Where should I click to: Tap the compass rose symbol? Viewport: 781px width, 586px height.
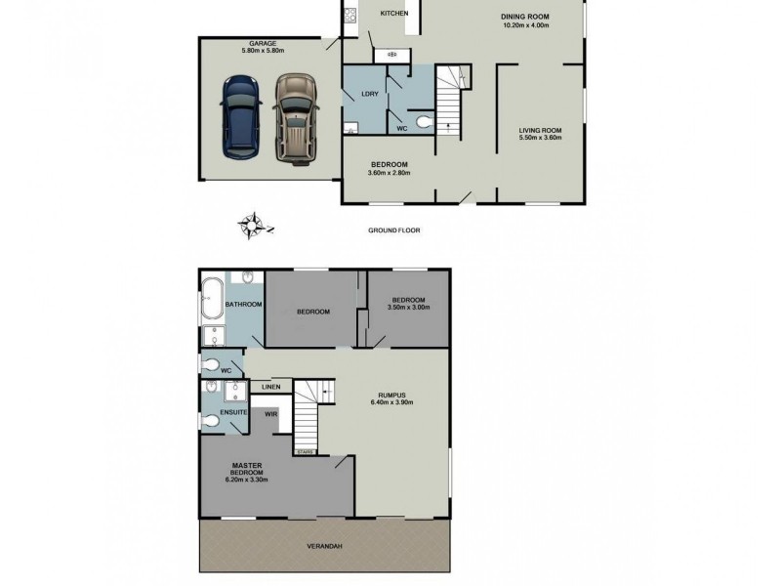coord(252,226)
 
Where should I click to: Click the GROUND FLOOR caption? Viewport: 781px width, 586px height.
coord(393,231)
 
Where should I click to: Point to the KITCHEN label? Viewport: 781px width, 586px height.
coord(380,14)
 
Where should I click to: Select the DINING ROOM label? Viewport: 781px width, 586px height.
coord(521,15)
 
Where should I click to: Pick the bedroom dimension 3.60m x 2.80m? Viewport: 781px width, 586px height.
coord(389,173)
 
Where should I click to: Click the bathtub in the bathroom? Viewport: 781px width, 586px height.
coord(213,302)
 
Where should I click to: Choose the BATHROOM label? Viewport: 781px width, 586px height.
coord(244,305)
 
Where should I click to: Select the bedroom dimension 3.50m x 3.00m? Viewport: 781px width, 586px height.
coord(409,308)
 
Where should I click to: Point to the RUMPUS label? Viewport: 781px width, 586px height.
coord(388,394)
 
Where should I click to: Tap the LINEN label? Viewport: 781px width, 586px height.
coord(270,388)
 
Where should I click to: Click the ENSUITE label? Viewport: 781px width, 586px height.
coord(231,413)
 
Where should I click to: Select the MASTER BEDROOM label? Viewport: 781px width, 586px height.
coord(244,472)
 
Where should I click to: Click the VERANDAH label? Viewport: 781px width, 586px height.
coord(327,548)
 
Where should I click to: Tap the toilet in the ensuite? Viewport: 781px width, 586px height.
coord(211,423)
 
